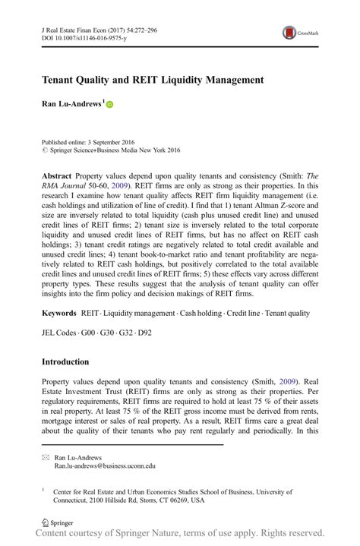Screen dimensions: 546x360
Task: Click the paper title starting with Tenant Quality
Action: click(152, 79)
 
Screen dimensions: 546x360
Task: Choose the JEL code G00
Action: click(90, 332)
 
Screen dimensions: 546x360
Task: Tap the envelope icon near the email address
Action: click(46, 459)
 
